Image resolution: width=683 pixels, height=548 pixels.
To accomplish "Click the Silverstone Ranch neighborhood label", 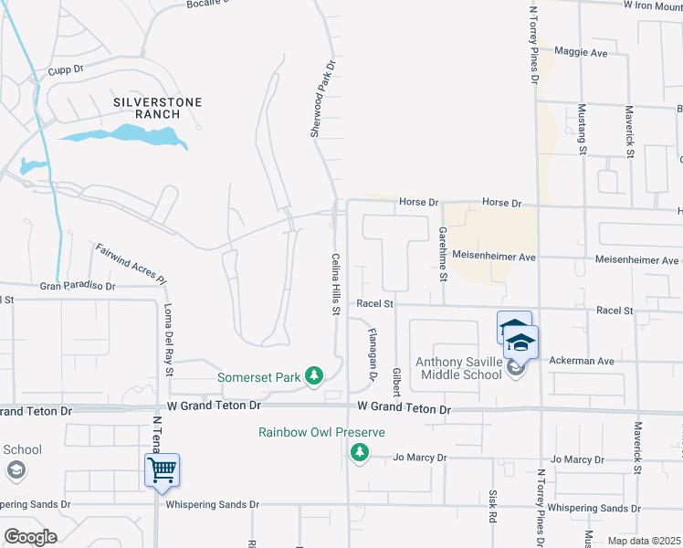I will [157, 109].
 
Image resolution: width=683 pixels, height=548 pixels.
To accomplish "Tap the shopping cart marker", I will [162, 470].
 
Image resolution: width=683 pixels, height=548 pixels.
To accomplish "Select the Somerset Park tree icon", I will [314, 375].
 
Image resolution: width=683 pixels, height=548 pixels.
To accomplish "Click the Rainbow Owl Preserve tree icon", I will [360, 452].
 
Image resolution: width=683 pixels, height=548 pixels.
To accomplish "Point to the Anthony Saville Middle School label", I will [459, 368].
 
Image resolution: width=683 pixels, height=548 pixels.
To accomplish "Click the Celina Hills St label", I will [335, 285].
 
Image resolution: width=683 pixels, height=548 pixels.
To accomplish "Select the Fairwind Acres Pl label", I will [132, 263].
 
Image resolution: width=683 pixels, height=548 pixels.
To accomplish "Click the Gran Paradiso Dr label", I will [78, 286].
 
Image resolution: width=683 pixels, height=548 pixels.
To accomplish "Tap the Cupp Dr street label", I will [66, 68].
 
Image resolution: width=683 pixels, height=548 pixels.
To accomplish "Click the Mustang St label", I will [582, 123].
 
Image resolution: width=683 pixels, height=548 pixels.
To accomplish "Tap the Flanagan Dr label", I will [373, 354].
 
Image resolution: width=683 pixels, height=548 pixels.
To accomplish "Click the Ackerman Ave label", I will [581, 361].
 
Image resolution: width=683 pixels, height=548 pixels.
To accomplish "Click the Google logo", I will [30, 537].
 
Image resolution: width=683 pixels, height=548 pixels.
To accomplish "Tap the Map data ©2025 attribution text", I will [644, 541].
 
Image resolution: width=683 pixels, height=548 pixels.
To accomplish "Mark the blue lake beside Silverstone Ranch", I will [128, 137].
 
